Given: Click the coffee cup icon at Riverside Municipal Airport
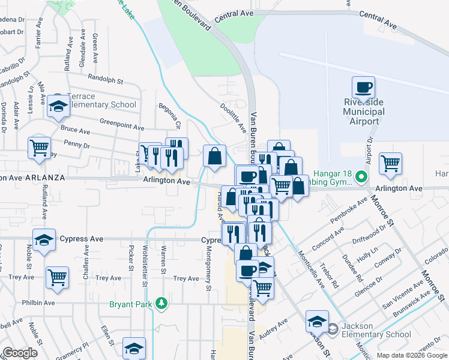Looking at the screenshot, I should tap(363, 88).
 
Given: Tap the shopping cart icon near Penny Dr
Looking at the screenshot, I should tap(39, 147).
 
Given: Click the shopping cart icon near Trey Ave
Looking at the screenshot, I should tap(58, 277).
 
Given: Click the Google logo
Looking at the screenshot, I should tap(20, 353).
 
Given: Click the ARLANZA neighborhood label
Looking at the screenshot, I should tap(43, 178).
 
